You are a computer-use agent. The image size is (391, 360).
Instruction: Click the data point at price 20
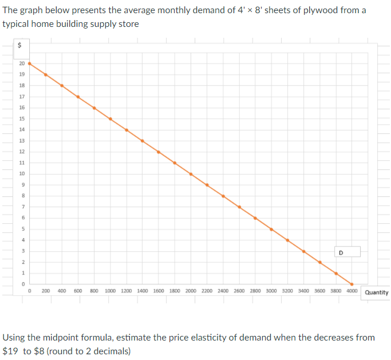29,64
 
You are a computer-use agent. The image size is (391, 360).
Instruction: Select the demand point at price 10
191,174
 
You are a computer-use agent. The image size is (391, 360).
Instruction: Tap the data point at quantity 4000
352,284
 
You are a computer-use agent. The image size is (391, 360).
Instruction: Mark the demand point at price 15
110,118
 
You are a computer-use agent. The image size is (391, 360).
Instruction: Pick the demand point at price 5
271,229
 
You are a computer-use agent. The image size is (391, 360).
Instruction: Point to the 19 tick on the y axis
22,74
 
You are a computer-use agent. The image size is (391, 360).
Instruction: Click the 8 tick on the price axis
22,196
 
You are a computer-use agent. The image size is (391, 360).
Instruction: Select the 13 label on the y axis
22,141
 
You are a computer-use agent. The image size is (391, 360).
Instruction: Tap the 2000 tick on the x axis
191,291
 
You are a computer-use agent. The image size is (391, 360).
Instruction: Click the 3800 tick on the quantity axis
336,291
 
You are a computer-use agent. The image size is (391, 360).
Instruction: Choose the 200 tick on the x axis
45,291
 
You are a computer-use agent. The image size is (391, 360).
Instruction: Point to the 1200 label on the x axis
126,291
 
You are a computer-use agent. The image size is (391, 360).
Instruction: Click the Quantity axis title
376,292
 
